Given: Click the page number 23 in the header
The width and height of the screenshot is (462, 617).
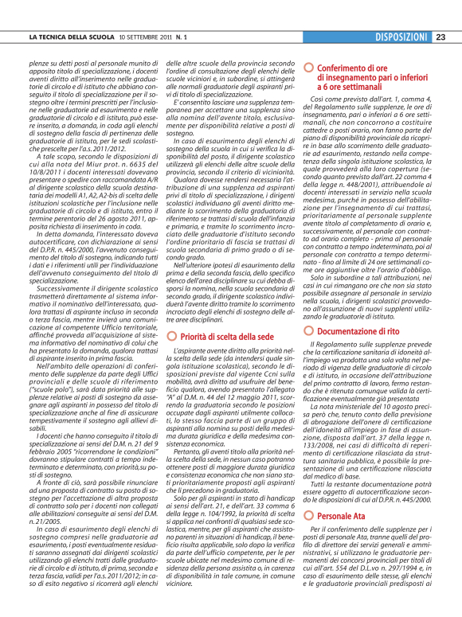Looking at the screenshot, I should click(x=440, y=37).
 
